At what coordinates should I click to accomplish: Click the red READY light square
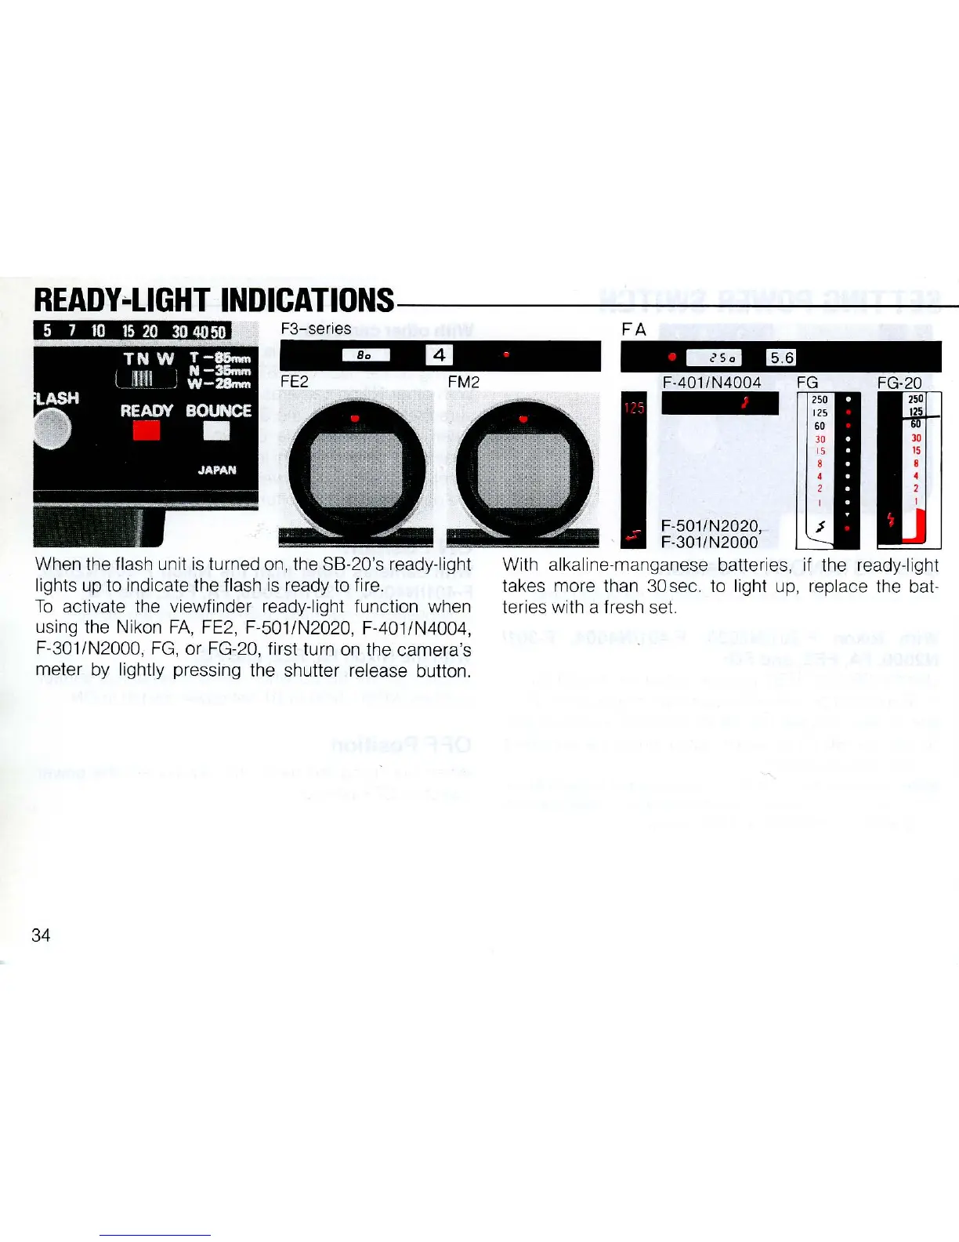tap(147, 431)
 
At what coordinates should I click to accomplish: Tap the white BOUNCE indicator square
tap(216, 431)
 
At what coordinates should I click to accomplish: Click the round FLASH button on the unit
tap(52, 428)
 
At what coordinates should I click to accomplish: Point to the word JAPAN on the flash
tap(217, 470)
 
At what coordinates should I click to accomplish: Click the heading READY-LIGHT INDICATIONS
tap(214, 300)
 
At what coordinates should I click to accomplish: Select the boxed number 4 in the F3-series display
tap(439, 355)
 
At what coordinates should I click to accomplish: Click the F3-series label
tap(316, 329)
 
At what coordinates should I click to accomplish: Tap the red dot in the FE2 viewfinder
tap(355, 418)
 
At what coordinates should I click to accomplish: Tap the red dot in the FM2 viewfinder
tap(523, 418)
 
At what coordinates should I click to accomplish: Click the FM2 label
tap(463, 382)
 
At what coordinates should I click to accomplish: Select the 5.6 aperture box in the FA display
tap(782, 358)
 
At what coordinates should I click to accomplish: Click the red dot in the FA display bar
tap(672, 358)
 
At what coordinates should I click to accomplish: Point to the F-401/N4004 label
tap(711, 383)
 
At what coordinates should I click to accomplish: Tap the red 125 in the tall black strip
tap(633, 409)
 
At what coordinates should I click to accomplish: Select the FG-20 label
tap(899, 383)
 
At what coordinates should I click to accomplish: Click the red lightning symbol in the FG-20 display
tap(889, 518)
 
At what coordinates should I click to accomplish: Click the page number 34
tap(41, 935)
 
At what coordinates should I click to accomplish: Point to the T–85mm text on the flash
tap(219, 358)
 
